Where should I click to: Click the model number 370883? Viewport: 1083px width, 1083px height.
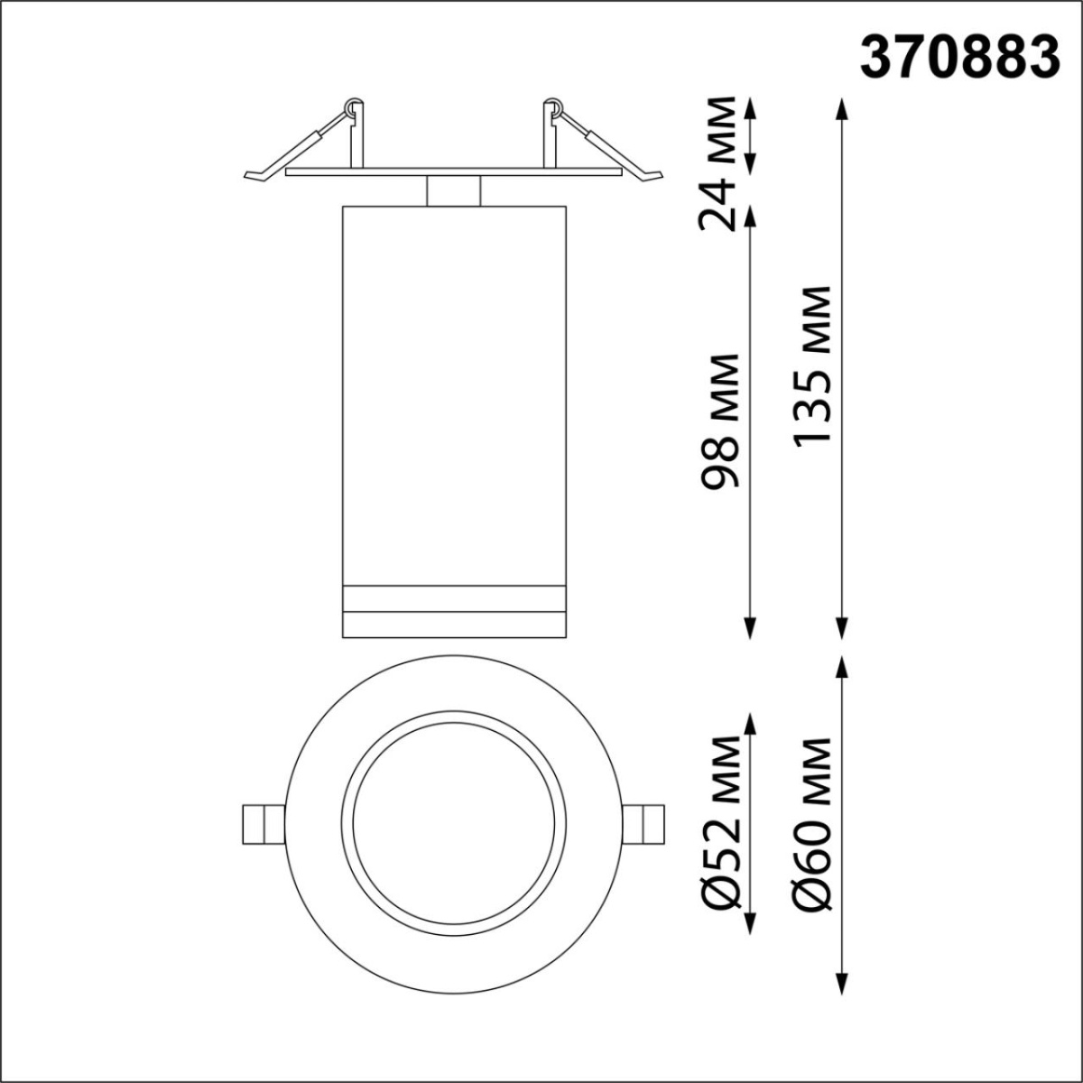pos(958,57)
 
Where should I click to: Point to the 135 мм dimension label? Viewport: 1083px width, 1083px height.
pos(810,366)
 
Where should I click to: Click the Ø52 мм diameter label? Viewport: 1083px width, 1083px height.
pos(722,823)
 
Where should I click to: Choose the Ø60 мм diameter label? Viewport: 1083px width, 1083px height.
pos(810,823)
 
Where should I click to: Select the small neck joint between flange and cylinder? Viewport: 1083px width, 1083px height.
pos(453,191)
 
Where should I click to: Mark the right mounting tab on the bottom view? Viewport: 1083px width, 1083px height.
pos(646,823)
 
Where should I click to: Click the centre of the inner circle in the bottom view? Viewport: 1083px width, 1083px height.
pos(453,823)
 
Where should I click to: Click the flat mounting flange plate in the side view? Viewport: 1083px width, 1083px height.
pos(453,171)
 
